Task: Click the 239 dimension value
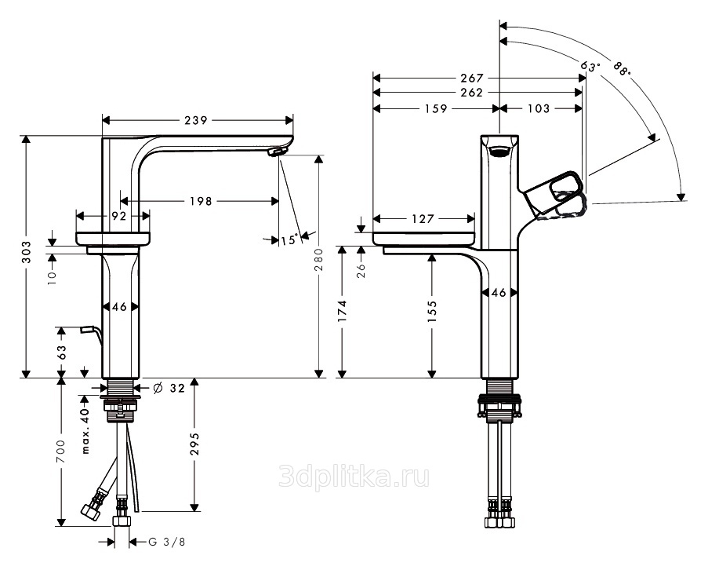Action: [x=196, y=120]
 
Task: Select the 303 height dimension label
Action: [x=27, y=252]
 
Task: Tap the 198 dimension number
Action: [x=201, y=201]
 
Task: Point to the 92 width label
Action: [x=118, y=216]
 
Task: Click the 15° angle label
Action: [x=289, y=239]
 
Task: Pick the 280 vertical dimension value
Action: [x=319, y=259]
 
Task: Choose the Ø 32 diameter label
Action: [x=169, y=388]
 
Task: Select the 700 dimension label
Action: [x=61, y=451]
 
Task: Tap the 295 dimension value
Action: [x=194, y=444]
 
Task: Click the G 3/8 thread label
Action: [x=167, y=542]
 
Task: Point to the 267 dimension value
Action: [x=472, y=79]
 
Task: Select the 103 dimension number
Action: [x=538, y=108]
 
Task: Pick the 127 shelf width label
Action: [x=423, y=219]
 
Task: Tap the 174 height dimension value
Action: [x=343, y=311]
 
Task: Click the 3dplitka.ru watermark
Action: [x=354, y=477]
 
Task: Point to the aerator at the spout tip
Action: [x=274, y=152]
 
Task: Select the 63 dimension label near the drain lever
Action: [x=61, y=352]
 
